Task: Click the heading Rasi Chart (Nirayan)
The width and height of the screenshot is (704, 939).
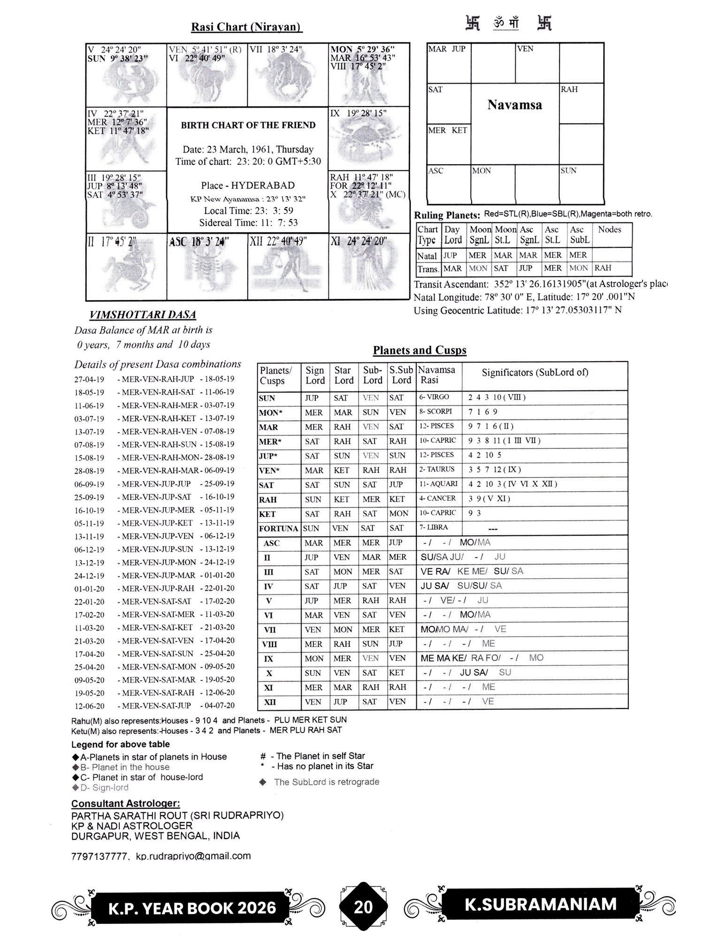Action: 246,27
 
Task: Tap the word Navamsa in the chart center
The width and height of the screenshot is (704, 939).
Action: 514,105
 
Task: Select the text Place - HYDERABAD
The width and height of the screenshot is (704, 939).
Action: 248,185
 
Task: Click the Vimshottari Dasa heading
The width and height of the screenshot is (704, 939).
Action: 143,315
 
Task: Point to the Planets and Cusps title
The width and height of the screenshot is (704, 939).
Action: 420,350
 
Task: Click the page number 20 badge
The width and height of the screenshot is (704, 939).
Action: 363,907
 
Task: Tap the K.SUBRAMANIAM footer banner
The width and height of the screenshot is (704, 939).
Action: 540,904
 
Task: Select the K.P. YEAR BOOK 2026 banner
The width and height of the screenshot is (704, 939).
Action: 192,908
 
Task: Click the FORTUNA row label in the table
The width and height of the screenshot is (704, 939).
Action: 278,529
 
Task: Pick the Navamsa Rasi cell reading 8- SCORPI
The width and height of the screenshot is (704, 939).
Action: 436,412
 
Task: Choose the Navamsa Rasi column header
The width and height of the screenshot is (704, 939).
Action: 436,375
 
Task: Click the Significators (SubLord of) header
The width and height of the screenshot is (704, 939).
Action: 535,373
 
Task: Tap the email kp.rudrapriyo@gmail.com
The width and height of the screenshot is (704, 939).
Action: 193,856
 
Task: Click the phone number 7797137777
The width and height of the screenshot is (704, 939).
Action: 99,856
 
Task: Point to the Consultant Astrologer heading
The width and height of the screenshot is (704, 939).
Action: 125,803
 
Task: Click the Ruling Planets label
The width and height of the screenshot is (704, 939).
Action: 447,216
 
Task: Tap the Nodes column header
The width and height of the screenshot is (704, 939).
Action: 609,230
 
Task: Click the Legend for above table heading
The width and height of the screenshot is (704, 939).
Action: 120,744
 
